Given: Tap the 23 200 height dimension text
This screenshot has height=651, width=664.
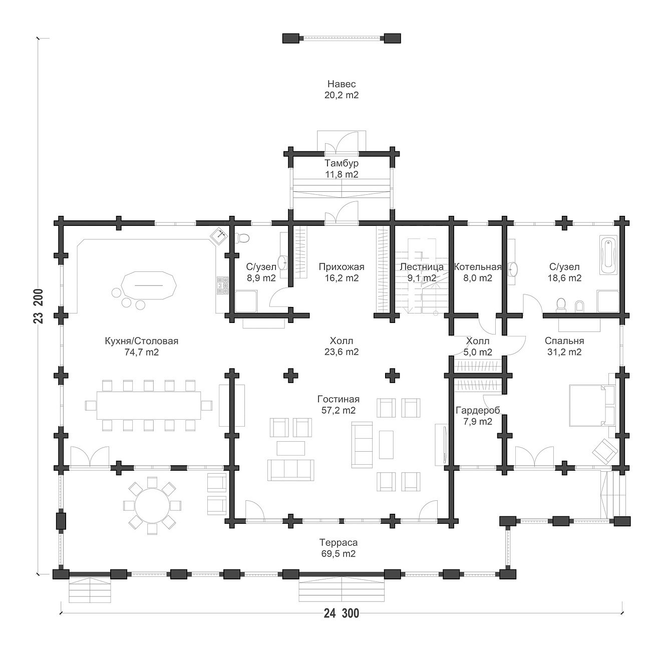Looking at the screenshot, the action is pos(39,306).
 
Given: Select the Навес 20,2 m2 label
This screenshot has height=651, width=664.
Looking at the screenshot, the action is pos(341,89).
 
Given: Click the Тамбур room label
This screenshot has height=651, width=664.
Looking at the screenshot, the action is pos(342,163).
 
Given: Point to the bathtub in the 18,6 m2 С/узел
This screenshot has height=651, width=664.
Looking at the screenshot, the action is pos(609,255).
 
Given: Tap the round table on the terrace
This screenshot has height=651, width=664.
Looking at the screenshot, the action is pos(152,506).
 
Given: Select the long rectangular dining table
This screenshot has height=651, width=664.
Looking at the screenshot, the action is pos(149,405).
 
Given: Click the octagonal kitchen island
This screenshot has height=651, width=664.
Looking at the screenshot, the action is pos(149,286).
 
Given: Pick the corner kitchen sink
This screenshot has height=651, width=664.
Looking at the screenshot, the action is pos(219,236).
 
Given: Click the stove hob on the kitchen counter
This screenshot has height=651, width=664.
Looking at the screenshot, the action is pos(223,285).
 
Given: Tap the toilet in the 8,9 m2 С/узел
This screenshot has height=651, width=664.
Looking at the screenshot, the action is pos(242,238).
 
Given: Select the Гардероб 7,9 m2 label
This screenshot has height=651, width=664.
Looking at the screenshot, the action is pos(478,416).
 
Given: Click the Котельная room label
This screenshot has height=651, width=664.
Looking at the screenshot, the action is pos(478,267).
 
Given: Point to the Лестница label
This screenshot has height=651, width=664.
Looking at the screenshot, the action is pos(422,267).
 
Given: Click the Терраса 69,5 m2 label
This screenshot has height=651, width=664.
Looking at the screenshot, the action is pos(339,548).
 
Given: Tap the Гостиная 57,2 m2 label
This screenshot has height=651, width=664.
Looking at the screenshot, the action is pos(339,405).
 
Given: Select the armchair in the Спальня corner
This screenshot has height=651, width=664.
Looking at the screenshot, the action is pos(605,451).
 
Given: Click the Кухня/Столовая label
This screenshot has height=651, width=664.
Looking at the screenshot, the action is pos(142,341).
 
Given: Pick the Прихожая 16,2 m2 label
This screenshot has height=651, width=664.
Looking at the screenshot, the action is pos(342,272).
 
